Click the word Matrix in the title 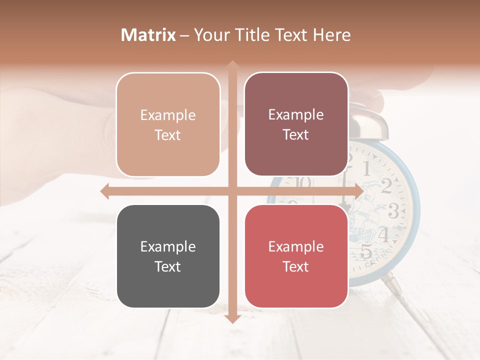[x=148, y=35]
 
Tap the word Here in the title [x=331, y=35]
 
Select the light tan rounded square [x=168, y=124]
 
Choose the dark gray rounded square [x=168, y=256]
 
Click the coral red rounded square [x=296, y=256]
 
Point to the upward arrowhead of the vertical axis [x=232, y=65]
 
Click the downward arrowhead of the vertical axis [x=232, y=318]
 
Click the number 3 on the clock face [x=393, y=212]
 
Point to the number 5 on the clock [x=366, y=251]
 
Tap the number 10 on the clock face [x=302, y=182]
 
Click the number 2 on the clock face [x=386, y=185]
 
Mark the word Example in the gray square [x=168, y=246]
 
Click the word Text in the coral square [x=296, y=266]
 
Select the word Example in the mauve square [x=296, y=114]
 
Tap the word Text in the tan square [x=168, y=135]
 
